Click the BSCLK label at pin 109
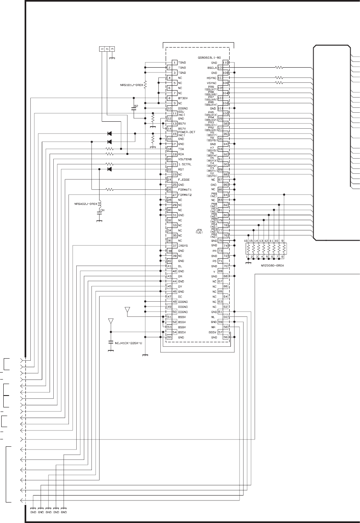(212, 67)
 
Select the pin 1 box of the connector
(175, 62)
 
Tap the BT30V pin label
(183, 98)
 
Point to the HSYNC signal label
(212, 78)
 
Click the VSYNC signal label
(212, 83)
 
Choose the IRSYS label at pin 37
(183, 246)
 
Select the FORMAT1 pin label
(185, 190)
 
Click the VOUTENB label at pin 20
(185, 159)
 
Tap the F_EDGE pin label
(184, 180)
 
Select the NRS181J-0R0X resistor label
(128, 85)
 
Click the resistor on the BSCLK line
(279, 67)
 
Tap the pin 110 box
(226, 62)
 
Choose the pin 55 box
(169, 337)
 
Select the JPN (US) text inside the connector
(199, 231)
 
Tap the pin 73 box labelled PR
(220, 250)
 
